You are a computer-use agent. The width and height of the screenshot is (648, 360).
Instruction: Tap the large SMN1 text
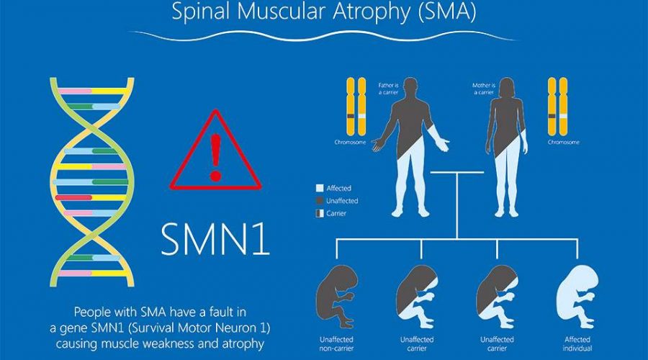coord(215,239)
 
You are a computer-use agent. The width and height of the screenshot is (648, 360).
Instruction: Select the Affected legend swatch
coord(320,188)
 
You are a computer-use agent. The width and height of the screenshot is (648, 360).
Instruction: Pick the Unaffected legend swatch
coord(320,201)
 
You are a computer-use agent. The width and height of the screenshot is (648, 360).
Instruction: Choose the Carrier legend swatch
coord(320,213)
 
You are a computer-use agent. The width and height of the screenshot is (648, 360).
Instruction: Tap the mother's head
coord(507,87)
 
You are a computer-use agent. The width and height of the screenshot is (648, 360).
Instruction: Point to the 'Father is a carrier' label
coord(389,89)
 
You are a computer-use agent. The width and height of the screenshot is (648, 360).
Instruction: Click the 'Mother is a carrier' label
coord(484,89)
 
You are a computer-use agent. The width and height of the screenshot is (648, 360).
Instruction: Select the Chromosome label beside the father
coord(350,142)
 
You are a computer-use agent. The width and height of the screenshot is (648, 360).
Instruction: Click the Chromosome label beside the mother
coord(564,142)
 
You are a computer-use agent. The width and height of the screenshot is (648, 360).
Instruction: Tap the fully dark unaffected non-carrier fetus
coord(336,296)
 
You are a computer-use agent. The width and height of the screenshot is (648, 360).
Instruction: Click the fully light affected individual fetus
coord(577,296)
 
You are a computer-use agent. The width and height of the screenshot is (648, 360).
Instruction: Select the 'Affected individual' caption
coord(577,344)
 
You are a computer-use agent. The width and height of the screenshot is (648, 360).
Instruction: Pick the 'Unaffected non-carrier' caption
coord(336,344)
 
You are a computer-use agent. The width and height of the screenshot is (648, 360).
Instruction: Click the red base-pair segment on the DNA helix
coord(73,197)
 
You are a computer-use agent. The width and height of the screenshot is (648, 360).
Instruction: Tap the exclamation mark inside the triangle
coord(216,157)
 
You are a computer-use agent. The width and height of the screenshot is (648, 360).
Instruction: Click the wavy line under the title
coord(325,36)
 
